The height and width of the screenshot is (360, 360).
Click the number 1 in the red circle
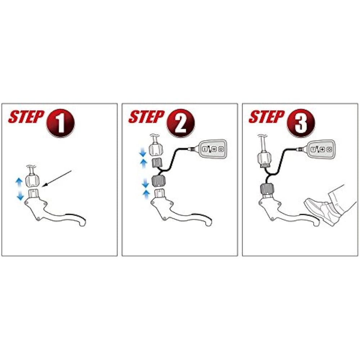60,123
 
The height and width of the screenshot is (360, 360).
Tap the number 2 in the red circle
181,123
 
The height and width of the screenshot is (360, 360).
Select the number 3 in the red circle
301,123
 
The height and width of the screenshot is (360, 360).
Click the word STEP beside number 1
26,117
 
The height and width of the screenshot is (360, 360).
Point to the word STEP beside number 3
266,117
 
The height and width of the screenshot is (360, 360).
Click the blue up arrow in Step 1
19,182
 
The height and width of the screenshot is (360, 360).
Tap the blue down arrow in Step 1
21,195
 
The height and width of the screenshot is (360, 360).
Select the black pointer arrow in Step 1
57,179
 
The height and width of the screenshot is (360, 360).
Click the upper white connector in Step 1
32,181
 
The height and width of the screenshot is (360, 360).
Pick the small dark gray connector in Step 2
157,163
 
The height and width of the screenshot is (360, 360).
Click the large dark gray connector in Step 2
158,181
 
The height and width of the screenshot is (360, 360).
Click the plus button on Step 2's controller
214,149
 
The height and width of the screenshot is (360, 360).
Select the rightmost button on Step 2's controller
221,149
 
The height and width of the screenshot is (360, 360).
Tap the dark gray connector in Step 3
266,189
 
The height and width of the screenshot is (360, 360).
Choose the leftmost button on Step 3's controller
313,149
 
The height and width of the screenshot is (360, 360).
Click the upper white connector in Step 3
264,158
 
